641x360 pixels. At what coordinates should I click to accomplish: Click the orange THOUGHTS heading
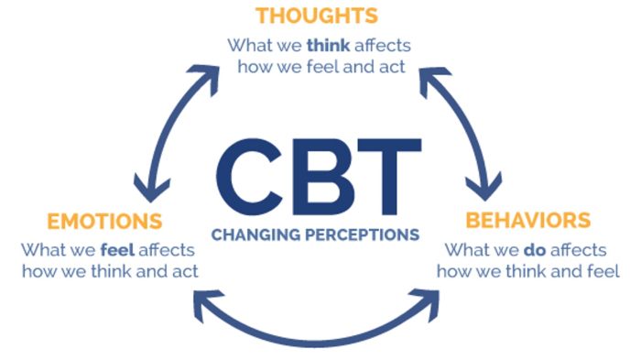(316, 16)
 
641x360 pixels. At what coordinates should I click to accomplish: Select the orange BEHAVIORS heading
(527, 221)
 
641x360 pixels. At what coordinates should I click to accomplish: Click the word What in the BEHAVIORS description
(468, 249)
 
